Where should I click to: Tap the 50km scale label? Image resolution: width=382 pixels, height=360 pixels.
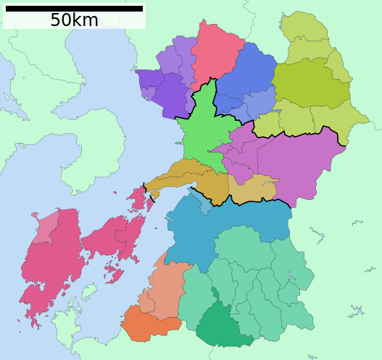[x=74, y=20]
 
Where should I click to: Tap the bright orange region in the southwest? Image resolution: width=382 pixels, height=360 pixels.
[x=149, y=324]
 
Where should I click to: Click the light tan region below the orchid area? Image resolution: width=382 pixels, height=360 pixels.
[x=254, y=188]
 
